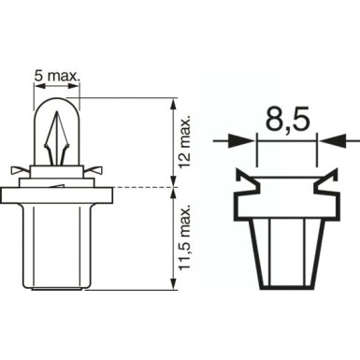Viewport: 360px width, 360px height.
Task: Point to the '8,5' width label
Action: (x=286, y=121)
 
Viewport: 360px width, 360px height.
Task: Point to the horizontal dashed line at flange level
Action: (x=140, y=187)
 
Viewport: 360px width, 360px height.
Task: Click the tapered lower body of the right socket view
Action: (x=286, y=248)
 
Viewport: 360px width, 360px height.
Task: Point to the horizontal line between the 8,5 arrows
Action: (x=286, y=142)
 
